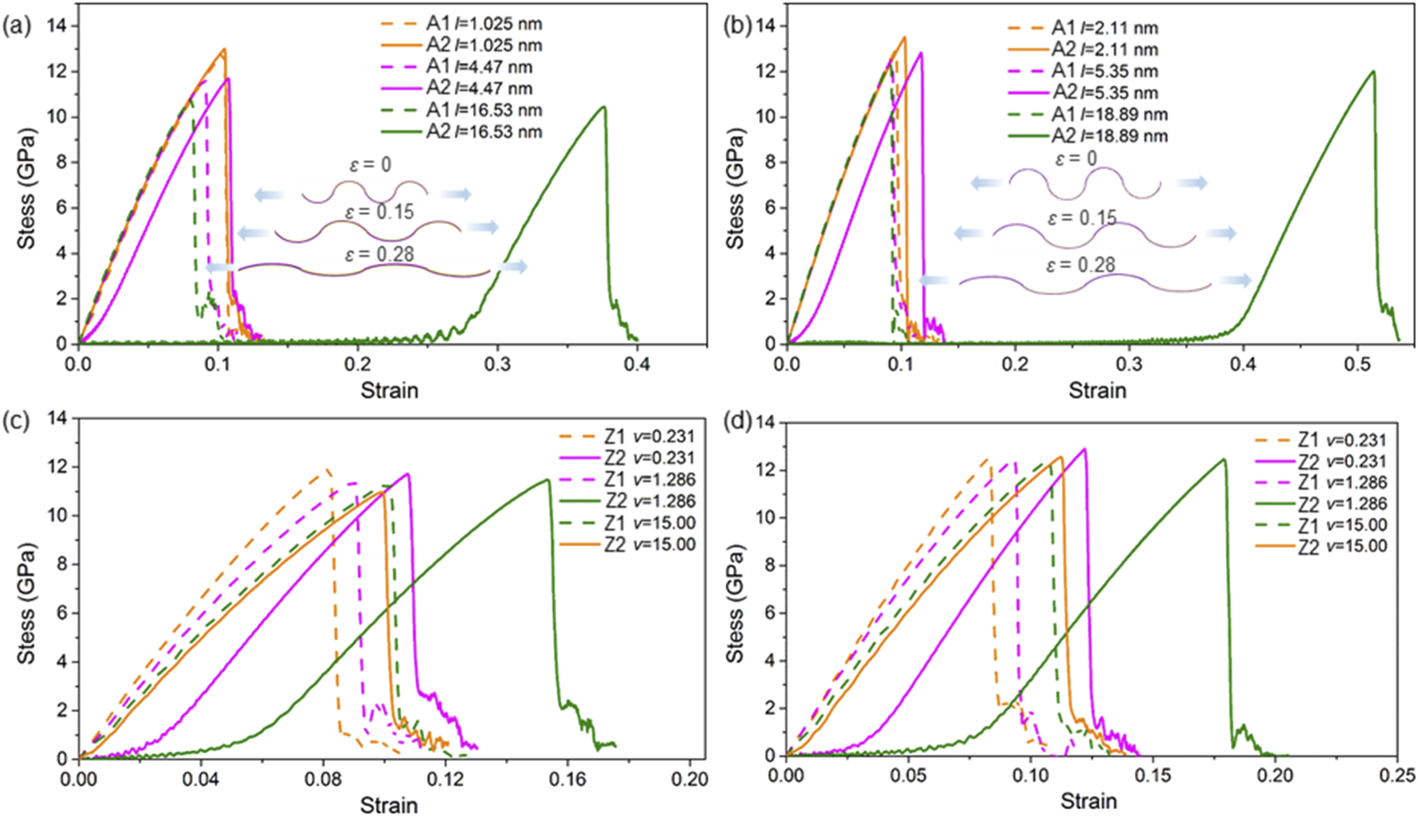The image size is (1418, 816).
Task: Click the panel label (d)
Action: [736, 422]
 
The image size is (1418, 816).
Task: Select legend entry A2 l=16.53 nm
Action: [483, 132]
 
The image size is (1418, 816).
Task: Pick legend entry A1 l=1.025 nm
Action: [483, 24]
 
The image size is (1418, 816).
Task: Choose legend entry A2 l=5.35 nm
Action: [1104, 93]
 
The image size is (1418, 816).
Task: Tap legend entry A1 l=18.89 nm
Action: [1109, 114]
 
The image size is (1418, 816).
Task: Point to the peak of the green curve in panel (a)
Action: [604, 107]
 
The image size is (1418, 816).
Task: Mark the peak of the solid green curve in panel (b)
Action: [1373, 72]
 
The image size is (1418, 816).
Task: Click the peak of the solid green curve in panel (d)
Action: [1224, 459]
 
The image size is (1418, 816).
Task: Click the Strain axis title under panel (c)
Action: [389, 804]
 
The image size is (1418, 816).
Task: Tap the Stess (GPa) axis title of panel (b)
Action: [735, 188]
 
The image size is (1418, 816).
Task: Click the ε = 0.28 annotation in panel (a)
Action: [371, 254]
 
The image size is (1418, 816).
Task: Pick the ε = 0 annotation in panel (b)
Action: [1076, 159]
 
